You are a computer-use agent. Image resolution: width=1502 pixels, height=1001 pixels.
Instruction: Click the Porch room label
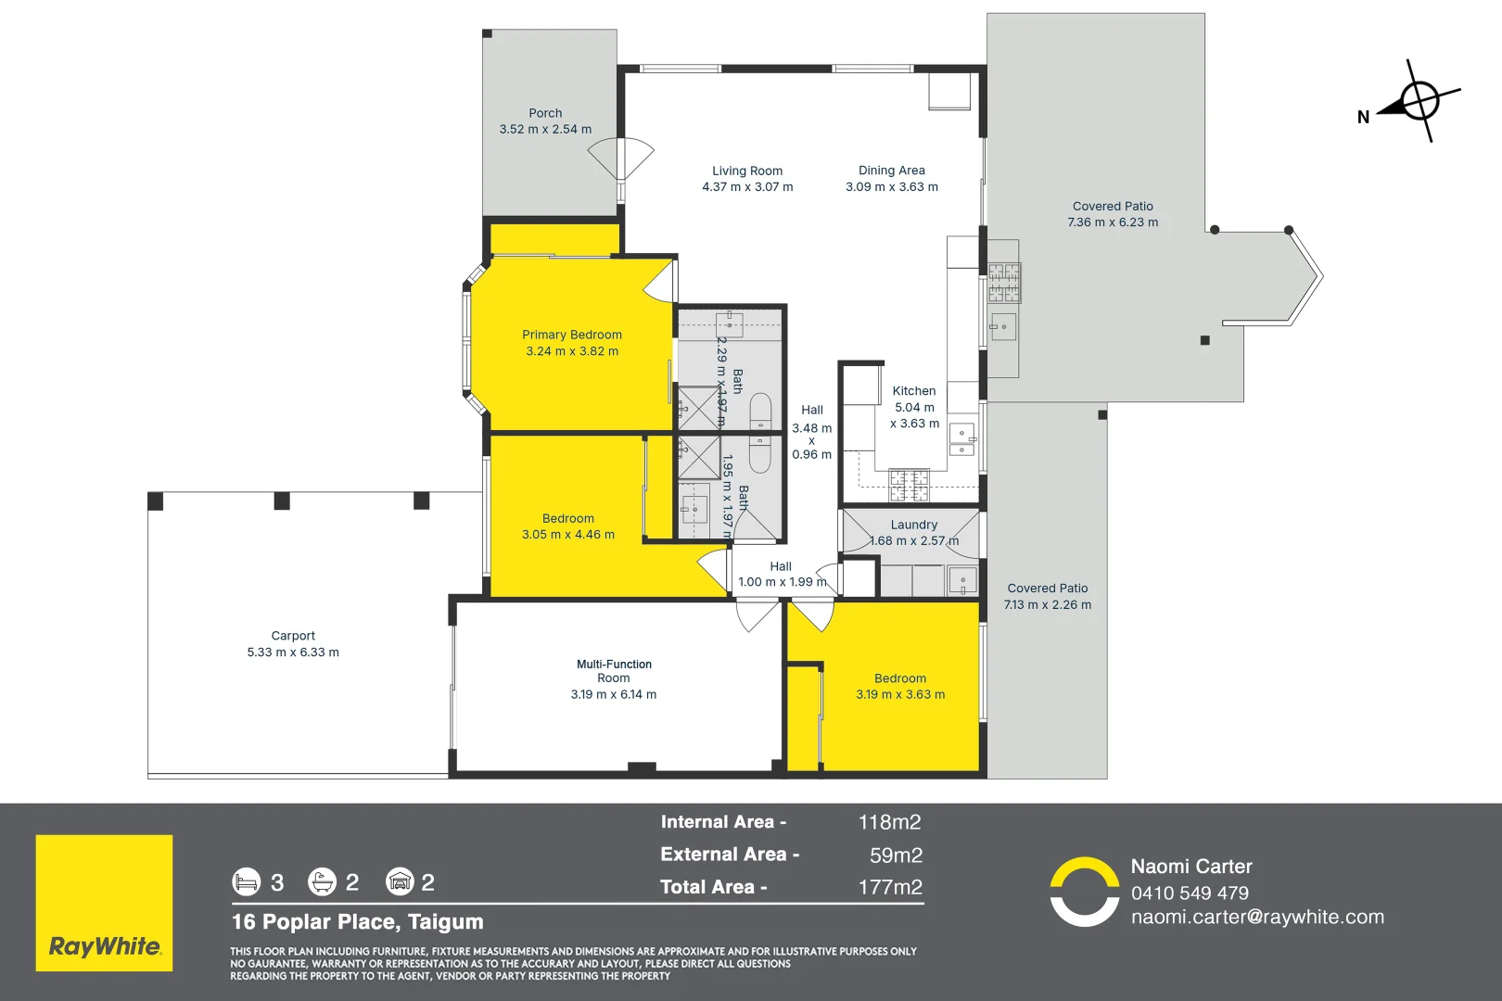[545, 113]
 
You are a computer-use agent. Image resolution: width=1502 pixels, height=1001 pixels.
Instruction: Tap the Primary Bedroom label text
[571, 335]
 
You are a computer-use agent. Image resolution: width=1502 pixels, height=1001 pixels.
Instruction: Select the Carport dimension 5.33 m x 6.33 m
[293, 653]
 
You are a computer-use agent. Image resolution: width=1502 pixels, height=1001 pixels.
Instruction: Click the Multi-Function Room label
[614, 671]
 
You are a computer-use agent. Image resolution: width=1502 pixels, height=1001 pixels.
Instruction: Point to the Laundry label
[913, 525]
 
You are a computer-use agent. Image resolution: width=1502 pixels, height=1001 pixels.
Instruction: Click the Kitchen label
[913, 391]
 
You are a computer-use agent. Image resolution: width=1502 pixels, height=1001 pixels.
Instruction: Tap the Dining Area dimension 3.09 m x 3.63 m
[891, 187]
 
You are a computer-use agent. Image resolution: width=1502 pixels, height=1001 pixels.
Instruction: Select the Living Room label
[747, 171]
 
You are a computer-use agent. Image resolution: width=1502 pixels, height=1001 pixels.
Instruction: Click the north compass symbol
[1419, 101]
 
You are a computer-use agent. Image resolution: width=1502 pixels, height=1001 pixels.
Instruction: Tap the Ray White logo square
[104, 903]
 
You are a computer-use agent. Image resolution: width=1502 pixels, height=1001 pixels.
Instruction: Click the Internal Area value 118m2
[889, 822]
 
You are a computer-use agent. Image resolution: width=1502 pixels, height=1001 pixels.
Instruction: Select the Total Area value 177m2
[889, 887]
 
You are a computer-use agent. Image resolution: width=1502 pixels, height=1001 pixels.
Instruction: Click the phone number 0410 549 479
[1190, 893]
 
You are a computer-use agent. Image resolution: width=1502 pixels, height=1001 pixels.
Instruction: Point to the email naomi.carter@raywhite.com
[1257, 917]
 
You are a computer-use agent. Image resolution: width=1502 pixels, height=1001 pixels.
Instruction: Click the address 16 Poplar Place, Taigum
[358, 921]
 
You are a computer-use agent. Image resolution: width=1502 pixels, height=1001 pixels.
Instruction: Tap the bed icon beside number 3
[247, 881]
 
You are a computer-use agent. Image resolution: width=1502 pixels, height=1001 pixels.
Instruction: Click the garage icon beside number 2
[400, 881]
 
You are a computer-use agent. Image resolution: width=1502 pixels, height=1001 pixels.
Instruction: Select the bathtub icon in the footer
[322, 881]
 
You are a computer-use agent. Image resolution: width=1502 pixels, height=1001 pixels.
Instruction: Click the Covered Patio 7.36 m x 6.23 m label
[1113, 214]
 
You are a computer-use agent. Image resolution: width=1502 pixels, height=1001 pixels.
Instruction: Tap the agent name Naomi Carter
[1191, 867]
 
